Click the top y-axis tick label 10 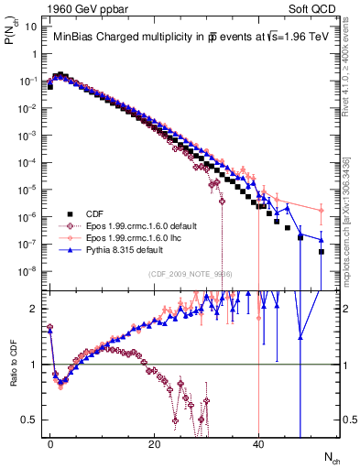coord(30,27)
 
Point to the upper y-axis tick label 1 coord(33,54)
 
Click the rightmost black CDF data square coord(322,251)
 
